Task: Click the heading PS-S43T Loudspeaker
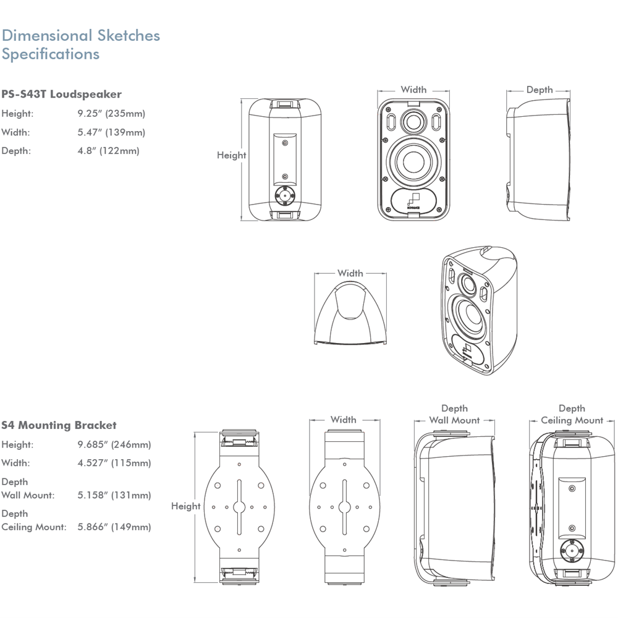point(61,94)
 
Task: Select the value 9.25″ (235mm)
point(111,114)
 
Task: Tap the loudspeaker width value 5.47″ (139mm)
point(111,132)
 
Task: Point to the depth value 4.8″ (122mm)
point(108,151)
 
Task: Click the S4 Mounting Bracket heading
point(59,425)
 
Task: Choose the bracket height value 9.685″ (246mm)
point(114,444)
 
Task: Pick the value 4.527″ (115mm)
point(114,463)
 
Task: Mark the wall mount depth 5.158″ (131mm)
point(114,495)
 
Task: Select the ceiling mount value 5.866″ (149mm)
point(114,527)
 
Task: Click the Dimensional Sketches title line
point(81,35)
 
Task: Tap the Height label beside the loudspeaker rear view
point(231,155)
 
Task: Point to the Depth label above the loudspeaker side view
point(540,90)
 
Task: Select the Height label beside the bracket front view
point(185,506)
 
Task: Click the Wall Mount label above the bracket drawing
point(454,420)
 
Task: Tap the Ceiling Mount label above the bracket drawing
point(572,420)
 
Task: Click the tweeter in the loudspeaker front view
point(413,121)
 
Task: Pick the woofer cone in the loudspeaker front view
point(413,161)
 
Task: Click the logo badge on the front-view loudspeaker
point(413,201)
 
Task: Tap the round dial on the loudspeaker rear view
point(285,195)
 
